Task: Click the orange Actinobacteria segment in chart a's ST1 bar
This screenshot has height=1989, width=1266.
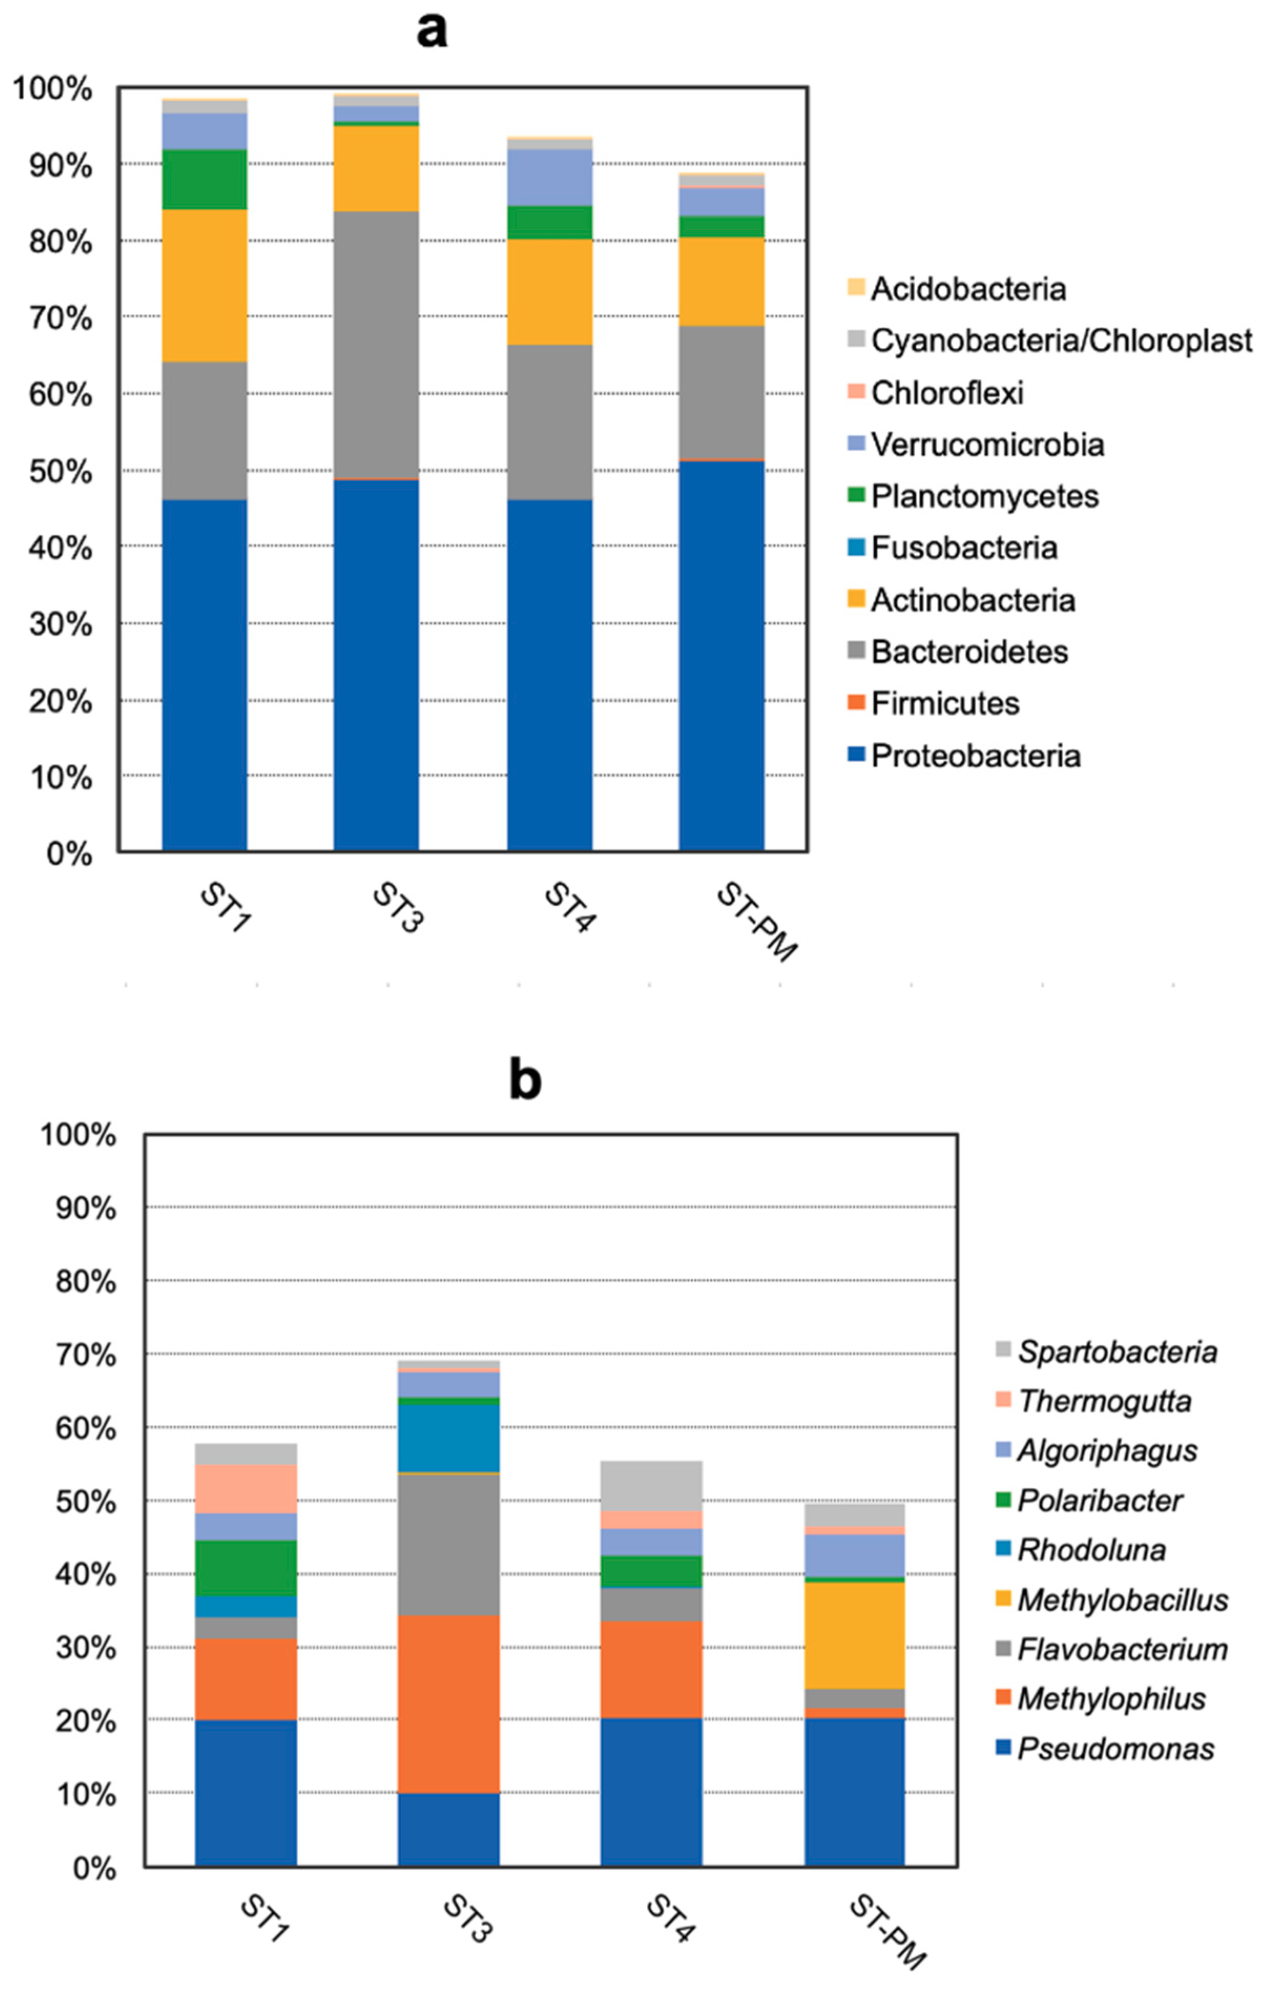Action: pyautogui.click(x=204, y=285)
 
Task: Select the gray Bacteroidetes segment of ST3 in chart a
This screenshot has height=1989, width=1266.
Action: pyautogui.click(x=376, y=345)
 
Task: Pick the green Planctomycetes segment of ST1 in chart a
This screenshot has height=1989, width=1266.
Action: pyautogui.click(x=204, y=179)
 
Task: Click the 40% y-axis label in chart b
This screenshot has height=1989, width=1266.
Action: pyautogui.click(x=87, y=1574)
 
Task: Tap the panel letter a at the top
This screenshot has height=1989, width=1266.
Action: pyautogui.click(x=432, y=32)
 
